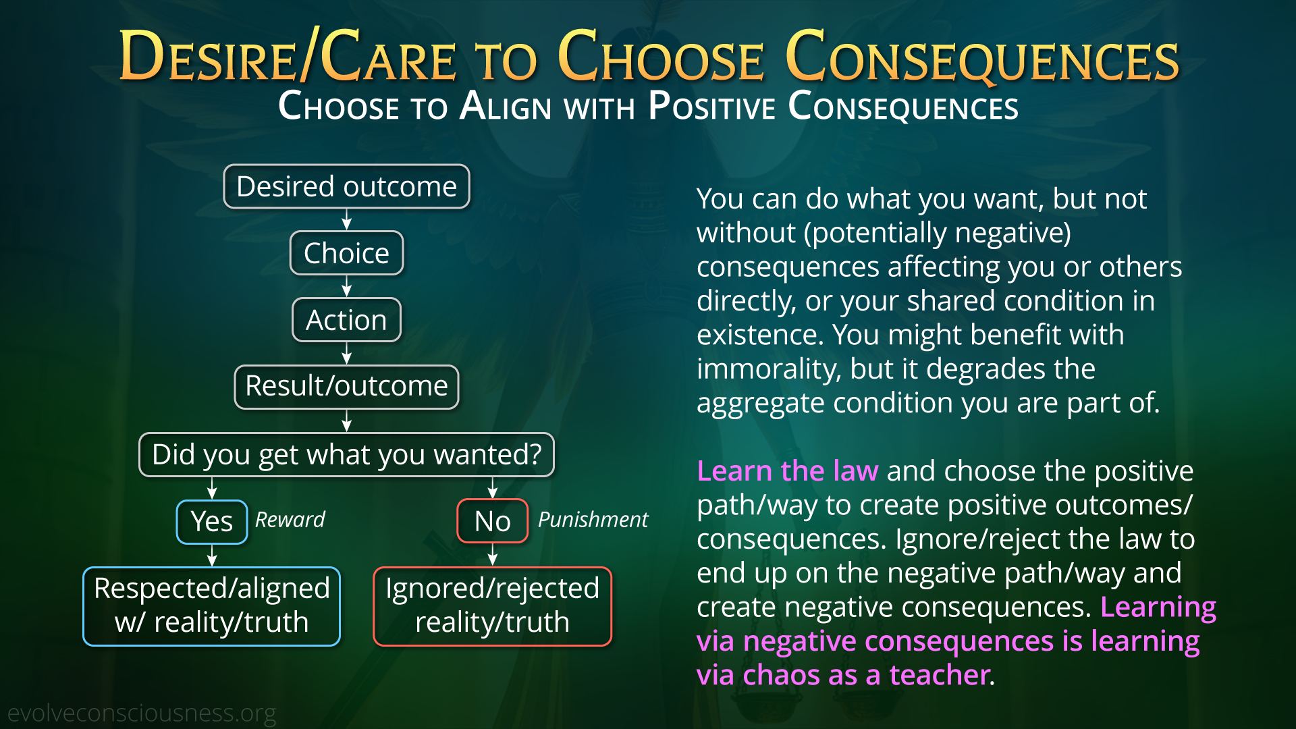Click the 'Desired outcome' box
[x=346, y=186]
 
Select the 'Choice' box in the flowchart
[x=346, y=253]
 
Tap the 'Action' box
[x=346, y=320]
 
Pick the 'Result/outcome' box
[x=346, y=387]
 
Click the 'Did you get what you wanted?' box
[x=346, y=454]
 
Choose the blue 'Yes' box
[x=212, y=522]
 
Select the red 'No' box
[x=492, y=521]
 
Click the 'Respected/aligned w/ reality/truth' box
[x=211, y=606]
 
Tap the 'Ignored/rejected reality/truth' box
[x=492, y=606]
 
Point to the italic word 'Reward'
[x=290, y=520]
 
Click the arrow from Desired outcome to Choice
[x=346, y=219]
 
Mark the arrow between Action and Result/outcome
[x=346, y=353]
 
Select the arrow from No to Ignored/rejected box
[x=492, y=555]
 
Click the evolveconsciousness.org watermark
[x=142, y=713]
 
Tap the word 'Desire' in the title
[x=208, y=57]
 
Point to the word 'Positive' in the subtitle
[x=711, y=106]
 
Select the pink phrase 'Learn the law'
[x=788, y=470]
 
